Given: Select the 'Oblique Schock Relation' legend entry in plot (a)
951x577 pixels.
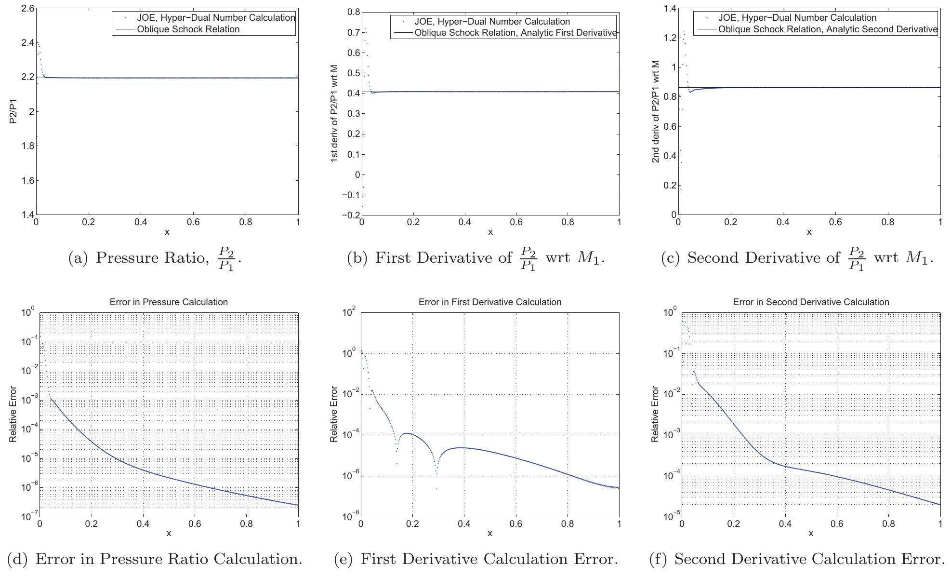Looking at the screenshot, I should click(x=188, y=29).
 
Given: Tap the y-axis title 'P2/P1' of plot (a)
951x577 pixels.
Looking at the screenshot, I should click(x=13, y=112).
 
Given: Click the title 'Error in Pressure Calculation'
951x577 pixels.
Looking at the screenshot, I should click(x=169, y=302).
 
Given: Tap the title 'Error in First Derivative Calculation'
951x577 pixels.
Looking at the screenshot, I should click(x=489, y=302).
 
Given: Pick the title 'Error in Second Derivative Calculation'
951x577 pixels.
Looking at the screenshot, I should click(x=811, y=302).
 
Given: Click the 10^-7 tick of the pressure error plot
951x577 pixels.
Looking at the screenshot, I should click(x=27, y=517).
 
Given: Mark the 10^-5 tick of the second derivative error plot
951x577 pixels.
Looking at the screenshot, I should click(x=669, y=517).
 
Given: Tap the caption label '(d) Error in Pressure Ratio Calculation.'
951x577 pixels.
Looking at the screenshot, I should click(x=155, y=559).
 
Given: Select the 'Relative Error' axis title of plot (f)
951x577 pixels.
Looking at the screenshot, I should click(x=655, y=414).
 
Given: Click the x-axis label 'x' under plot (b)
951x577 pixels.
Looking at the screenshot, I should click(x=490, y=232).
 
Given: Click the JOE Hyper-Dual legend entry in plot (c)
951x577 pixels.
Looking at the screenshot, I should click(x=797, y=18).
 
